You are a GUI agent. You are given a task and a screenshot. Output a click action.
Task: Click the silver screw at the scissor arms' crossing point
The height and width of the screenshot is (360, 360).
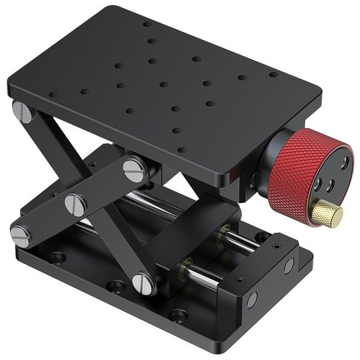75,204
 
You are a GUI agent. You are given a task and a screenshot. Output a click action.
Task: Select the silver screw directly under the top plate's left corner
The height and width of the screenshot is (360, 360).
24,112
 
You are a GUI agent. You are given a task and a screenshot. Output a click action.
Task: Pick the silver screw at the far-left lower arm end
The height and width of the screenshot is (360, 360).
20,236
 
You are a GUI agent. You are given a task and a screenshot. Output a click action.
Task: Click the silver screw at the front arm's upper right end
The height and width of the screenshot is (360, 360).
134,169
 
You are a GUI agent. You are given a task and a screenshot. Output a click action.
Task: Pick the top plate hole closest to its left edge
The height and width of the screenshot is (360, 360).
53,95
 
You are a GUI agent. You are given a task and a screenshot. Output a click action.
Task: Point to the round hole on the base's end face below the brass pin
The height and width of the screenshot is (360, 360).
289,266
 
